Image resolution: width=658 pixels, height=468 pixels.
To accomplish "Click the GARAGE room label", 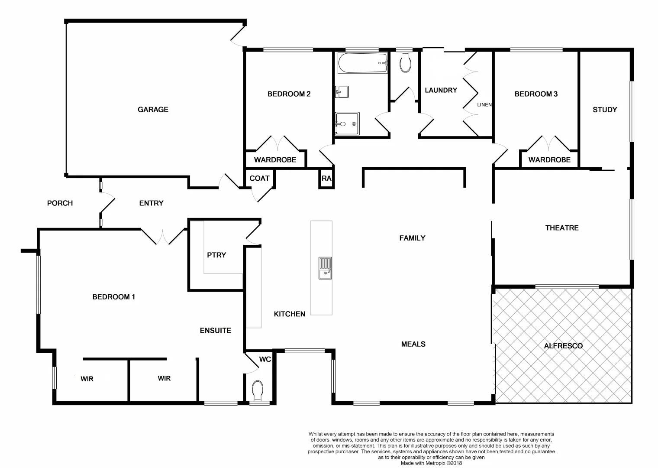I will pos(153,110).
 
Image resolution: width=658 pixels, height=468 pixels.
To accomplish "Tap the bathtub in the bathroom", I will pos(362,63).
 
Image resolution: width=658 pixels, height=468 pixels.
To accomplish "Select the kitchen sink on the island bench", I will pos(325,268).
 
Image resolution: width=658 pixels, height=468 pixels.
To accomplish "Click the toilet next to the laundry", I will pos(405,62).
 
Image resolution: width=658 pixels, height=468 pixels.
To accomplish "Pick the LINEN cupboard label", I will pos(484,105).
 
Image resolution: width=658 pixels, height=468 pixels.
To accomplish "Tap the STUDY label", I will pos(604,110).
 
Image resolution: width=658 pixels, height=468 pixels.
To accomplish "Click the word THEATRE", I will pos(561,228).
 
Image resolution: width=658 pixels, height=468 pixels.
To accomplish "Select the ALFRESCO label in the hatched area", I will pos(563,346).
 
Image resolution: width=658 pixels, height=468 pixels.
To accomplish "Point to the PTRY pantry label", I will pos(216,255).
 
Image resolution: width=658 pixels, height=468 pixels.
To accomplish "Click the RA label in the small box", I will pos(326,178).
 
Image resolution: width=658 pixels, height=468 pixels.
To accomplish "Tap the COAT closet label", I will pos(259,178).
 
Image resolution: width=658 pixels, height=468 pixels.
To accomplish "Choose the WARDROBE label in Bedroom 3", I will pos(549,160).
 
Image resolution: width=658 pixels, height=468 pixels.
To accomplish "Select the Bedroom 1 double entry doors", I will pos(163,237).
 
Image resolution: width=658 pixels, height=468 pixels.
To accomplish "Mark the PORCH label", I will pos(60,203).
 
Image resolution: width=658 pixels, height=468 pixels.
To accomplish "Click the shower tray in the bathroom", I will pos(347,124).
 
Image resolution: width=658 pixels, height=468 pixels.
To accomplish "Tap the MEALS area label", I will pos(413,344).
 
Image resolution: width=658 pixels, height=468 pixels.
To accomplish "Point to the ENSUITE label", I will pos(215,331).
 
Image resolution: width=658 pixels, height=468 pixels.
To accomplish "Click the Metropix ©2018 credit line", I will pos(431,463).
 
